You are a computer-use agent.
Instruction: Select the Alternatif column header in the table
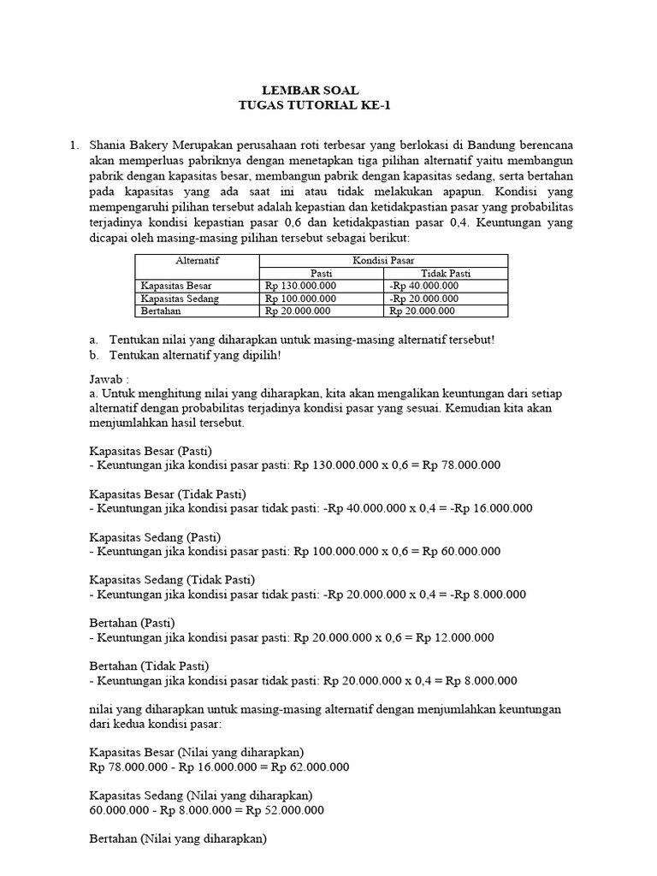coord(197,260)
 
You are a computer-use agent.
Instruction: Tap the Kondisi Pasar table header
coord(383,260)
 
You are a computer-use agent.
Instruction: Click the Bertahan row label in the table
coord(159,311)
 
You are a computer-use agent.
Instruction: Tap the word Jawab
coord(108,378)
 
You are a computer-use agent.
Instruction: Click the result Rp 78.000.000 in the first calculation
coord(462,465)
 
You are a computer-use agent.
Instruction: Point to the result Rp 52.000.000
coord(285,810)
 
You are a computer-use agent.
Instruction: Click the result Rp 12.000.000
coord(455,638)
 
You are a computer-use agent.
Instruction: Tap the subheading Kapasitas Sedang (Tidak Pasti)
coord(172,579)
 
